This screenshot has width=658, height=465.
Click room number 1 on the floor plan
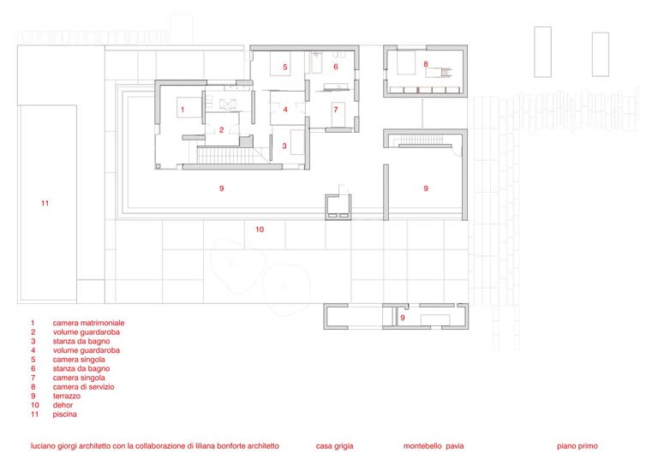[x=182, y=110]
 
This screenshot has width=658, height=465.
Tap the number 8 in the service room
[x=426, y=64]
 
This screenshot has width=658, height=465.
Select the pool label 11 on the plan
[x=45, y=203]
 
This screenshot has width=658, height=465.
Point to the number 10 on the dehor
[x=260, y=230]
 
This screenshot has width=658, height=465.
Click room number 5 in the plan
[x=285, y=67]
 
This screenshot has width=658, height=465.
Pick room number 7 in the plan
[x=336, y=110]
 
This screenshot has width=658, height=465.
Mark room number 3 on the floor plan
[x=284, y=146]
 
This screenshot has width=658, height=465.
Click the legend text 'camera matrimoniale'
[x=88, y=323]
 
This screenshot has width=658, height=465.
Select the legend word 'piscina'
[x=64, y=414]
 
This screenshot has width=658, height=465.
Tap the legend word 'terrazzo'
[x=66, y=396]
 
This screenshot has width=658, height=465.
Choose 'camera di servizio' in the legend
[x=83, y=386]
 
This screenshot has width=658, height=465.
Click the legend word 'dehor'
[x=63, y=405]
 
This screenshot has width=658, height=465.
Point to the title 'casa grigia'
[x=334, y=446]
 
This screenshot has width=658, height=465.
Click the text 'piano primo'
[x=577, y=446]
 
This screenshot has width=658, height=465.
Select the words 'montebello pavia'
[x=434, y=446]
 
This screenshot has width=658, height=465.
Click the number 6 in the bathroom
[x=336, y=67]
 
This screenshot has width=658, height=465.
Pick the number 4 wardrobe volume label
[x=285, y=110]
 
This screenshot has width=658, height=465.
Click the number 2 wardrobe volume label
[x=222, y=130]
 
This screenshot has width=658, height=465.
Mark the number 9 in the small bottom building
[x=403, y=318]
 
